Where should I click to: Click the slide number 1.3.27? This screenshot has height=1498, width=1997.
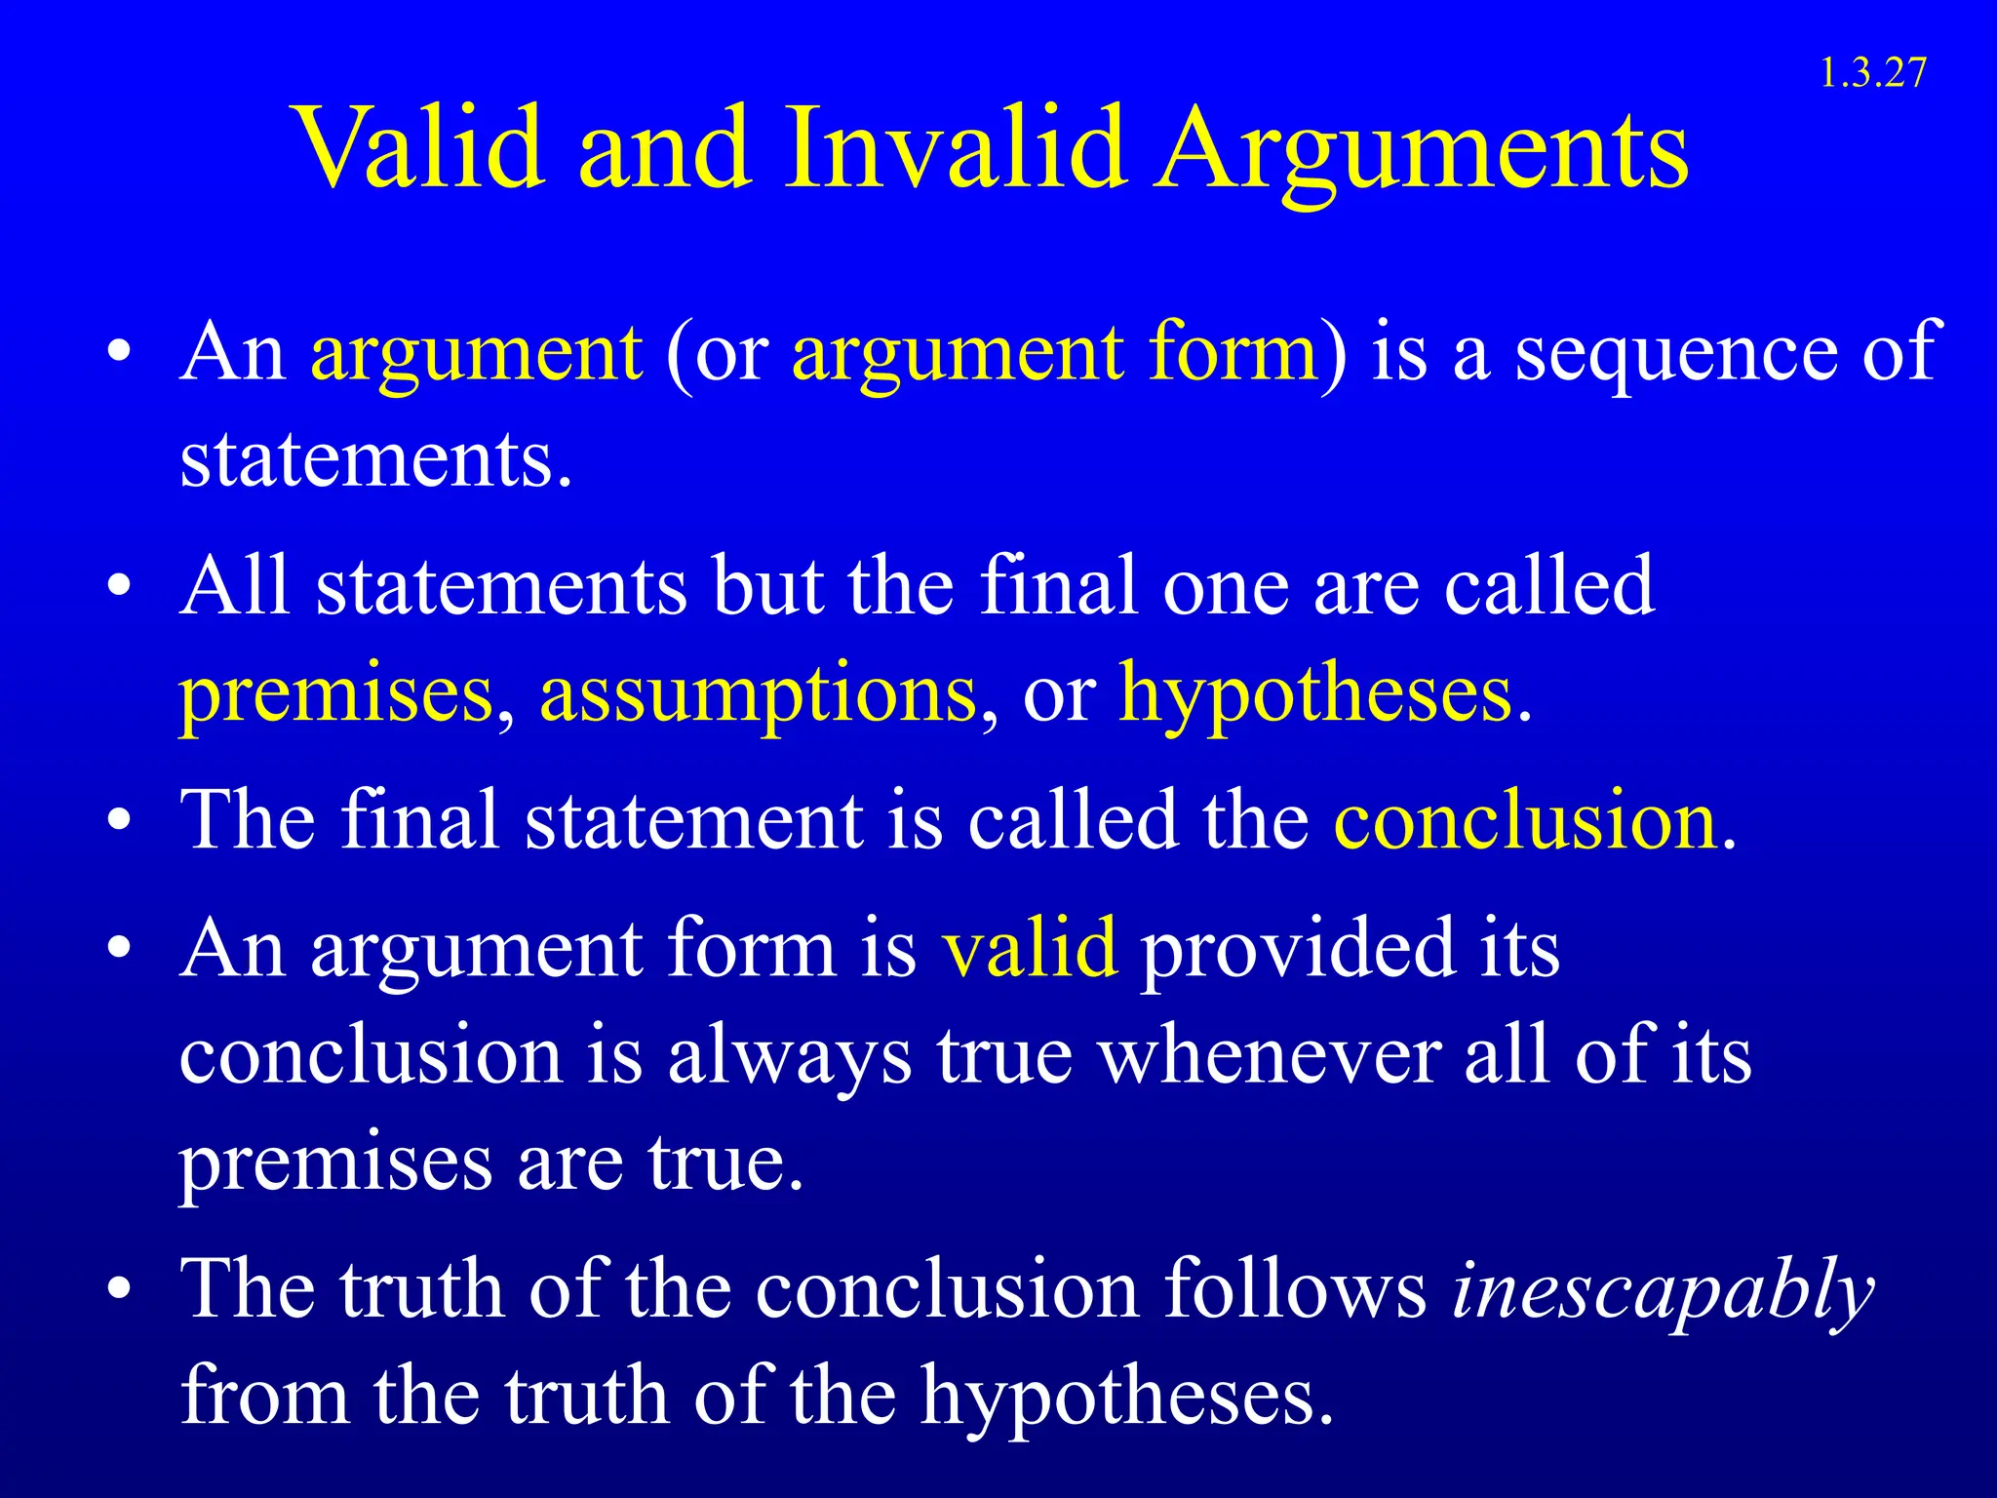coord(1873,74)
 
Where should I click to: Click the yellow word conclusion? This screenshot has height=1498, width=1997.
coord(1525,820)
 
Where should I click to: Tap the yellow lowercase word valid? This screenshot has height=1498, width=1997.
coord(1029,947)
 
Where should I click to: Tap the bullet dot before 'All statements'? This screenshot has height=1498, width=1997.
coord(119,588)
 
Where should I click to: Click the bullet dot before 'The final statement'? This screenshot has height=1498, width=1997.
coord(119,822)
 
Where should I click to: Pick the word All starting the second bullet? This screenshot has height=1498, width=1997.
coord(235,586)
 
